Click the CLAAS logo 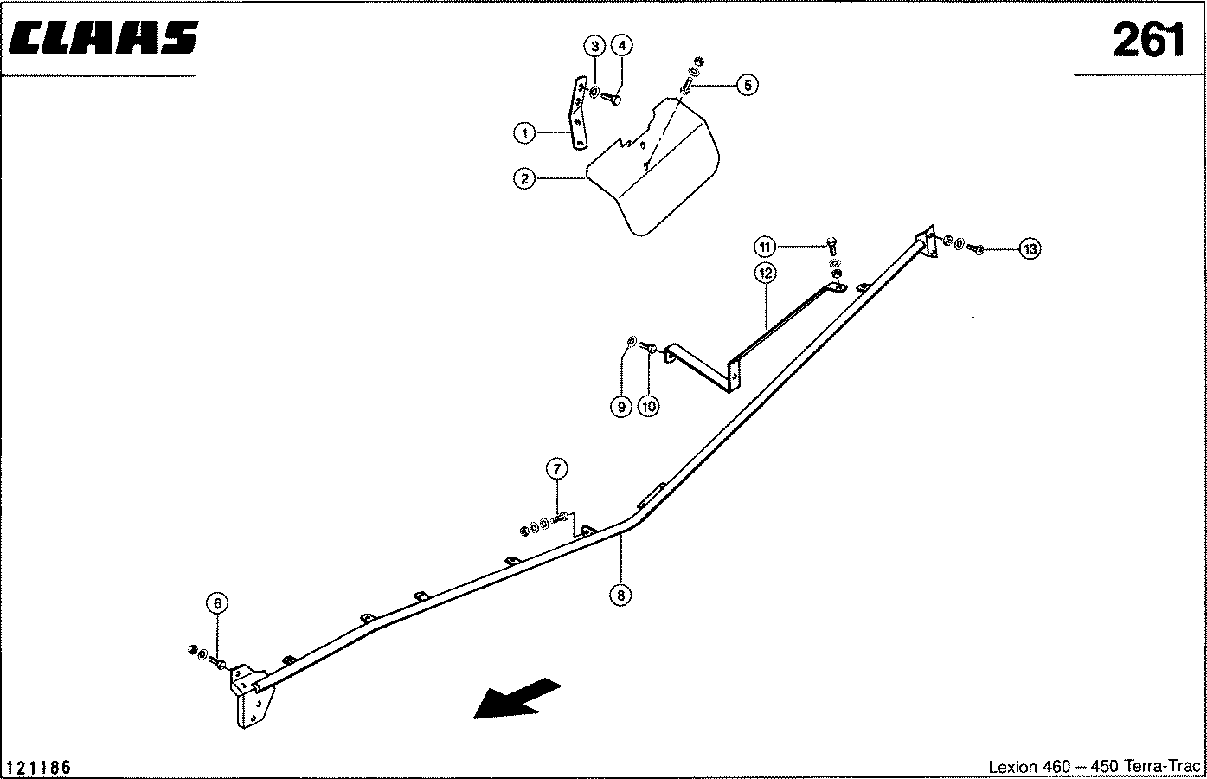[104, 38]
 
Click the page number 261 [1149, 40]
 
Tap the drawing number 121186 [39, 767]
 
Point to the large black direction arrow [517, 699]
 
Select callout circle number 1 [524, 132]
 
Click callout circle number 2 [524, 178]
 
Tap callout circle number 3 [595, 46]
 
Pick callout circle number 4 [622, 46]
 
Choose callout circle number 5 [748, 85]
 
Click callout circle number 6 [217, 602]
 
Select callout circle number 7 [556, 468]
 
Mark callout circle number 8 [620, 596]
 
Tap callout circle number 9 [620, 407]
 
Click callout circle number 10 [648, 407]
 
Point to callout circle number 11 [765, 248]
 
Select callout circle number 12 [766, 274]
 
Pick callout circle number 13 [1030, 249]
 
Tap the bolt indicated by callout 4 [611, 98]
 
